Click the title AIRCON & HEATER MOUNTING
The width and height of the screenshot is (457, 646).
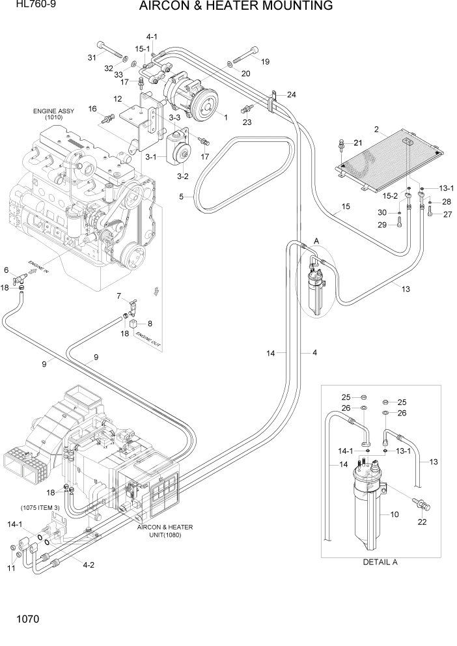pyautogui.click(x=236, y=7)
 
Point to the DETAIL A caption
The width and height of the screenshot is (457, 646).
pyautogui.click(x=380, y=561)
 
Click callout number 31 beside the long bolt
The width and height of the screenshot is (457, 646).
pyautogui.click(x=92, y=57)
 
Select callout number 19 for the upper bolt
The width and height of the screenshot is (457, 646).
pyautogui.click(x=265, y=62)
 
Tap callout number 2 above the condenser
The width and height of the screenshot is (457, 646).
pyautogui.click(x=376, y=128)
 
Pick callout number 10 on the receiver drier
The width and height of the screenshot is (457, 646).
pyautogui.click(x=394, y=515)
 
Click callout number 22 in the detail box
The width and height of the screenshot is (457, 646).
pyautogui.click(x=422, y=522)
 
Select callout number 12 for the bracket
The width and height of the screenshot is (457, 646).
pyautogui.click(x=118, y=99)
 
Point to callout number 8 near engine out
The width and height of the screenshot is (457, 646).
pyautogui.click(x=150, y=324)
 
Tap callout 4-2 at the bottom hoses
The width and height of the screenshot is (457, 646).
pyautogui.click(x=88, y=565)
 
